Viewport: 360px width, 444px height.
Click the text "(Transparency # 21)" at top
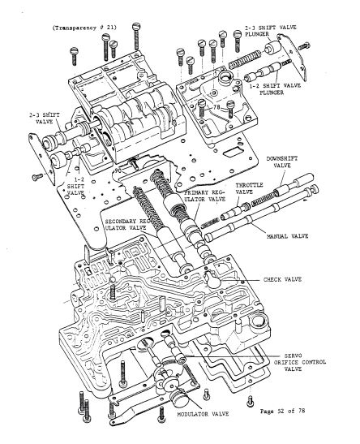[x=84, y=27]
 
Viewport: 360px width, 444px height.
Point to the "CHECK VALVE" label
[x=282, y=279]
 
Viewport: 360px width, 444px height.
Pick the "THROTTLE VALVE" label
[x=249, y=189]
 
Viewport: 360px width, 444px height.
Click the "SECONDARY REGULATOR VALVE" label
[x=131, y=224]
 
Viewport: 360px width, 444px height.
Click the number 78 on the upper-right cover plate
[x=217, y=106]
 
